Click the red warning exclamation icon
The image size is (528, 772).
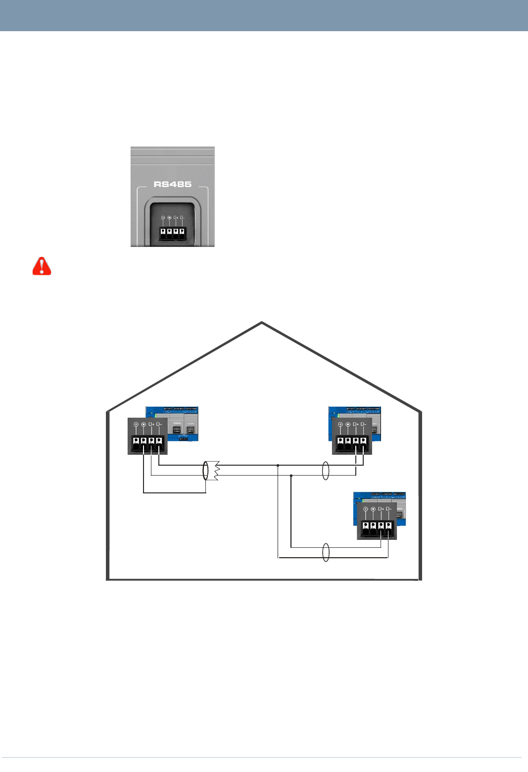click(42, 266)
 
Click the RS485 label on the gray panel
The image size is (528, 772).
click(172, 184)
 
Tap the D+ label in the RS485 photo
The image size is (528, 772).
click(176, 217)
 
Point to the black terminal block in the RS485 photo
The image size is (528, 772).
click(172, 234)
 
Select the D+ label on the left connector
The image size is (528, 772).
click(151, 424)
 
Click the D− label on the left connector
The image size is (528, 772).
click(159, 424)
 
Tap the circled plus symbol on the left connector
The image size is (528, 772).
click(136, 425)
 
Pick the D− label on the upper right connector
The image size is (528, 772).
click(363, 424)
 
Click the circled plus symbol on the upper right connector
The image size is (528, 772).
click(340, 425)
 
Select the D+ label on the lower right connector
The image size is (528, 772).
click(381, 509)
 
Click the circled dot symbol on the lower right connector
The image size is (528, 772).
click(373, 509)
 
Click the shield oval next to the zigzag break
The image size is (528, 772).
click(206, 471)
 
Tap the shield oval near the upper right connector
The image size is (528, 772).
click(325, 471)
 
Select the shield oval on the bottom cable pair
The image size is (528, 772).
click(326, 552)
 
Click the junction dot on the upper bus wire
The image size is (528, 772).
click(278, 465)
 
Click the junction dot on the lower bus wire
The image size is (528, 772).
click(291, 476)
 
